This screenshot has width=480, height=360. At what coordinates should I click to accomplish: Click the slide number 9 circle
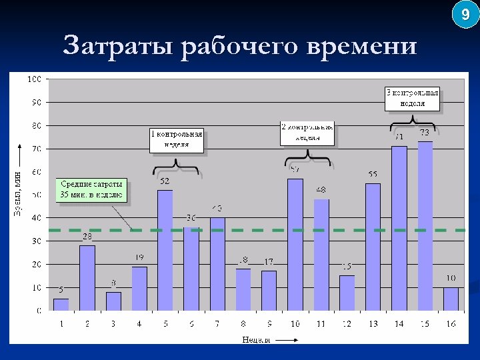[x=465, y=14]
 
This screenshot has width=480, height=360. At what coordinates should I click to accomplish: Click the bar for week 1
[x=61, y=304]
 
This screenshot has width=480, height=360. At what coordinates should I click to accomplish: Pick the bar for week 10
[x=295, y=244]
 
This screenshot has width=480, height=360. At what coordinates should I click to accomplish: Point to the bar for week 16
[x=451, y=299]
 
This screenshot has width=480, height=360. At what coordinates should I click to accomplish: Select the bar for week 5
[x=165, y=250]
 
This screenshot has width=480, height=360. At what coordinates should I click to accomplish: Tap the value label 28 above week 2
[x=87, y=237]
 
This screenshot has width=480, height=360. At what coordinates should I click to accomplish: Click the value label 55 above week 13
[x=373, y=175]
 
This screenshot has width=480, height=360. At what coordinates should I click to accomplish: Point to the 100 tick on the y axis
[x=34, y=79]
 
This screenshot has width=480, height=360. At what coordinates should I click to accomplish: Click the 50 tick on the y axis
[x=36, y=195]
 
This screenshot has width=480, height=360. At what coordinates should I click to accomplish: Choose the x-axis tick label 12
[x=347, y=323]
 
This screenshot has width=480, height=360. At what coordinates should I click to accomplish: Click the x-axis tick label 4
[x=139, y=323]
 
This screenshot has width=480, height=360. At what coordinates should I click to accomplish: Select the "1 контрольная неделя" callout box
[x=176, y=139]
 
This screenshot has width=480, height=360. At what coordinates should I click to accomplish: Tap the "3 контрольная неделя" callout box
[x=413, y=99]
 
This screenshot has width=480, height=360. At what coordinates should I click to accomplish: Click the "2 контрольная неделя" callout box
[x=307, y=133]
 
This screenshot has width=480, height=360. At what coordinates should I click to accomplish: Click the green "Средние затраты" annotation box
[x=91, y=189]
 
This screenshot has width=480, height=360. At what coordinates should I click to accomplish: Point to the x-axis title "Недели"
[x=256, y=339]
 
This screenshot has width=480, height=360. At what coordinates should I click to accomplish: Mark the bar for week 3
[x=113, y=301]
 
